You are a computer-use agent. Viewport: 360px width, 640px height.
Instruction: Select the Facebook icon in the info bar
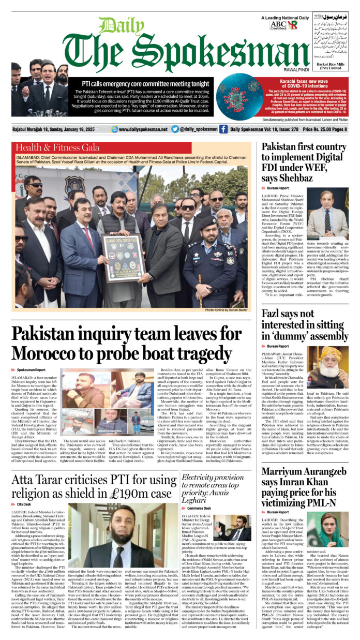[x=223, y=129]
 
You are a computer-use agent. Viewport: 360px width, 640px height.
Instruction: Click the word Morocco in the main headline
[x=57, y=353]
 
